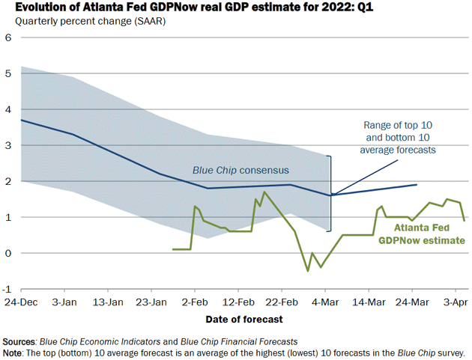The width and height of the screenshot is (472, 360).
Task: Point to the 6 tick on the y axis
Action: pyautogui.click(x=10, y=37)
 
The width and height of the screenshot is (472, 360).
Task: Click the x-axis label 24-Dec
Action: pyautogui.click(x=20, y=303)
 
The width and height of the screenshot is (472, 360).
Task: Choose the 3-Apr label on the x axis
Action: pyautogui.click(x=456, y=303)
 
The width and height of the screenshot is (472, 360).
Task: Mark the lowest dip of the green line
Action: pyautogui.click(x=307, y=271)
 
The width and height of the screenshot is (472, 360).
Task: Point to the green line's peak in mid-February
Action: pyautogui.click(x=264, y=192)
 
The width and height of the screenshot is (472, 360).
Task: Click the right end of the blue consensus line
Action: pyautogui.click(x=417, y=184)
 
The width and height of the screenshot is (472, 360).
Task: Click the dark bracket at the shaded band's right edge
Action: pyautogui.click(x=331, y=192)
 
